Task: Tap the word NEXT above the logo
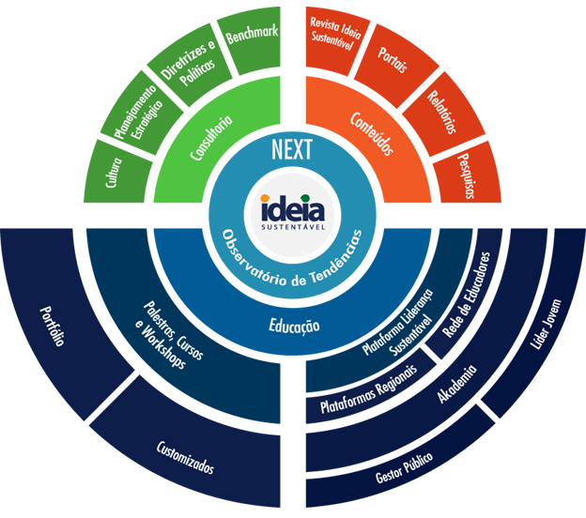pyautogui.click(x=292, y=150)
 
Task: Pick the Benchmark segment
pyautogui.click(x=252, y=34)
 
